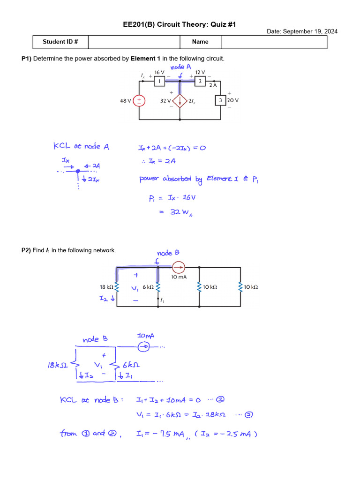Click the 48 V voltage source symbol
click(140, 100)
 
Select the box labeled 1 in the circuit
click(159, 82)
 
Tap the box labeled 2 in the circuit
click(200, 82)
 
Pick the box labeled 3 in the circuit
click(220, 100)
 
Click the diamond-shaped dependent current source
click(180, 100)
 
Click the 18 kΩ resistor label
click(106, 286)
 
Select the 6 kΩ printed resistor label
click(148, 286)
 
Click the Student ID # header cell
click(60, 42)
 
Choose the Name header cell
click(200, 42)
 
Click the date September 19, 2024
click(302, 31)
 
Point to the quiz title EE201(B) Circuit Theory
click(180, 24)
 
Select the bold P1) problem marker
click(26, 59)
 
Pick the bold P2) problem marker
click(26, 250)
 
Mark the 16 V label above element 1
click(159, 73)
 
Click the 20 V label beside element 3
click(233, 100)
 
